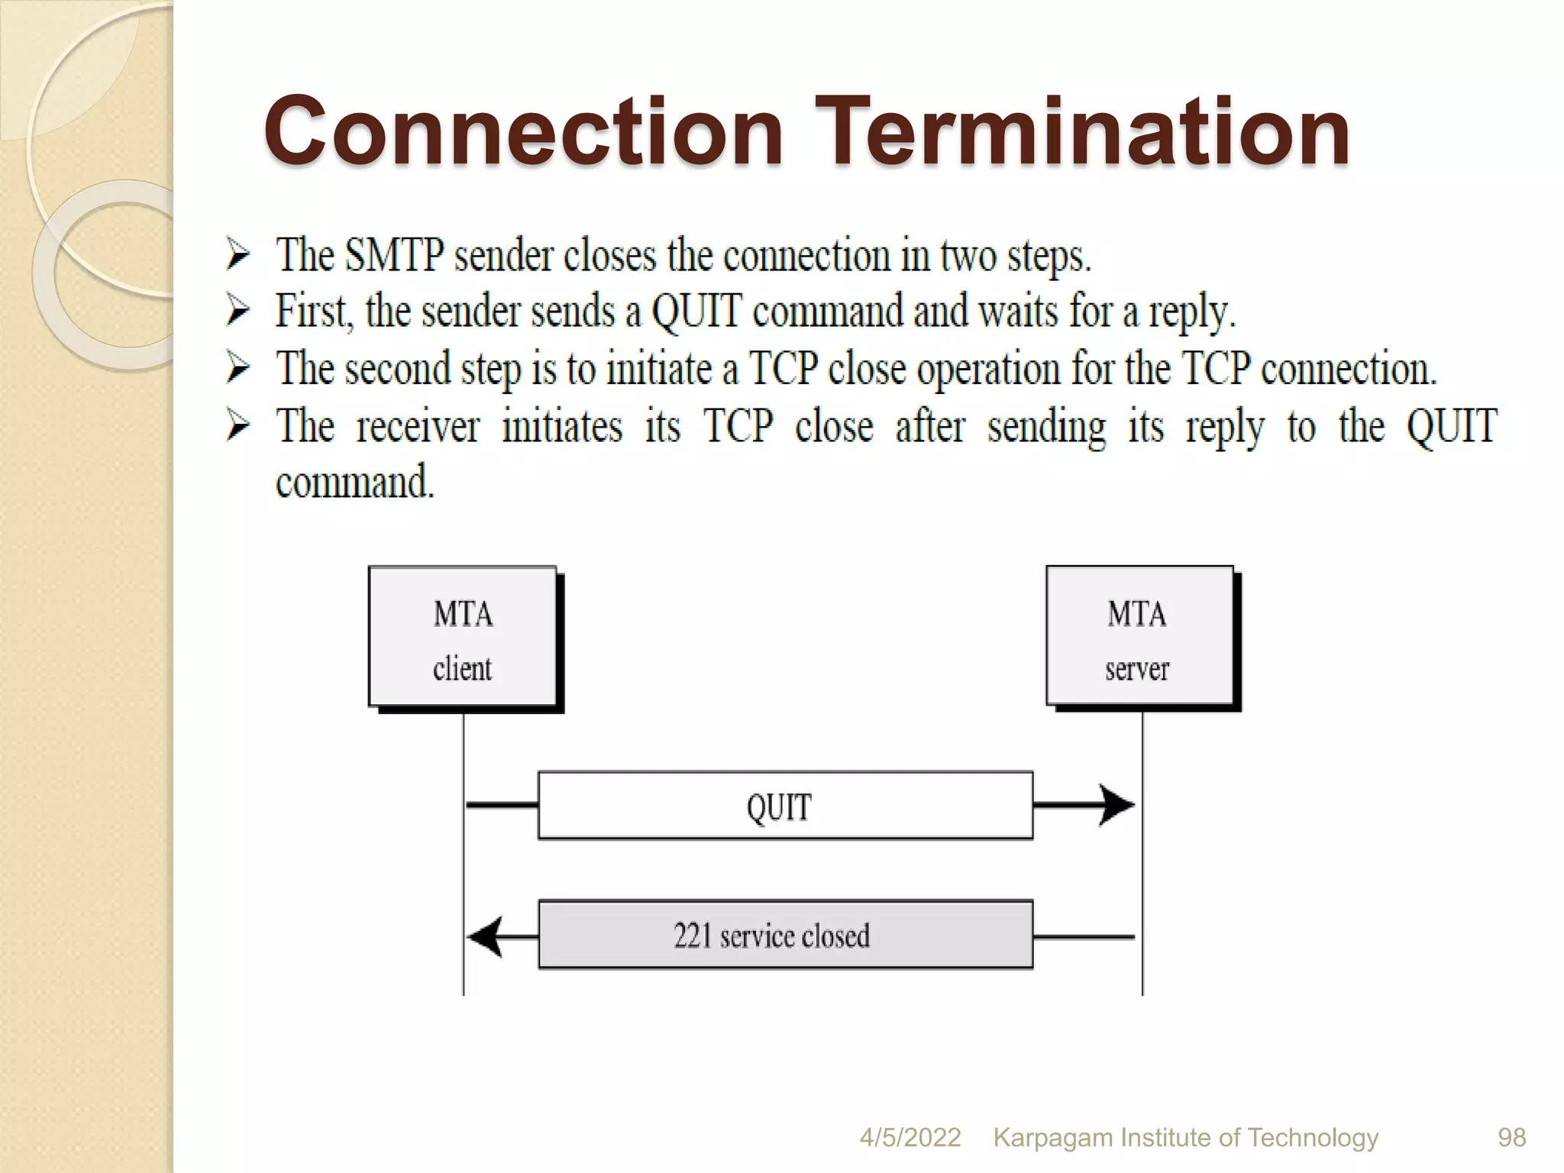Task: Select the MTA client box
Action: [463, 637]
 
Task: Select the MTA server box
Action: [1139, 637]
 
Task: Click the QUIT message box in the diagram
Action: [785, 806]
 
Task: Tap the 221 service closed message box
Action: [785, 935]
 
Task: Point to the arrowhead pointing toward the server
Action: [1117, 805]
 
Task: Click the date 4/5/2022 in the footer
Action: [910, 1137]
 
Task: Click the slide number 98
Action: [1511, 1137]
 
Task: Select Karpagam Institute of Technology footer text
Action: [1185, 1137]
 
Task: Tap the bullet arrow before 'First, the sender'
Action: [238, 312]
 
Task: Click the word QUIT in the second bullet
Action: [696, 312]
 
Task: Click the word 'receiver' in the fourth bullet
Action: [418, 427]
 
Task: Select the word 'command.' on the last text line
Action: [355, 483]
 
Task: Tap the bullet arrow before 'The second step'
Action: [238, 368]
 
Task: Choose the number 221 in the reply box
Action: [692, 935]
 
